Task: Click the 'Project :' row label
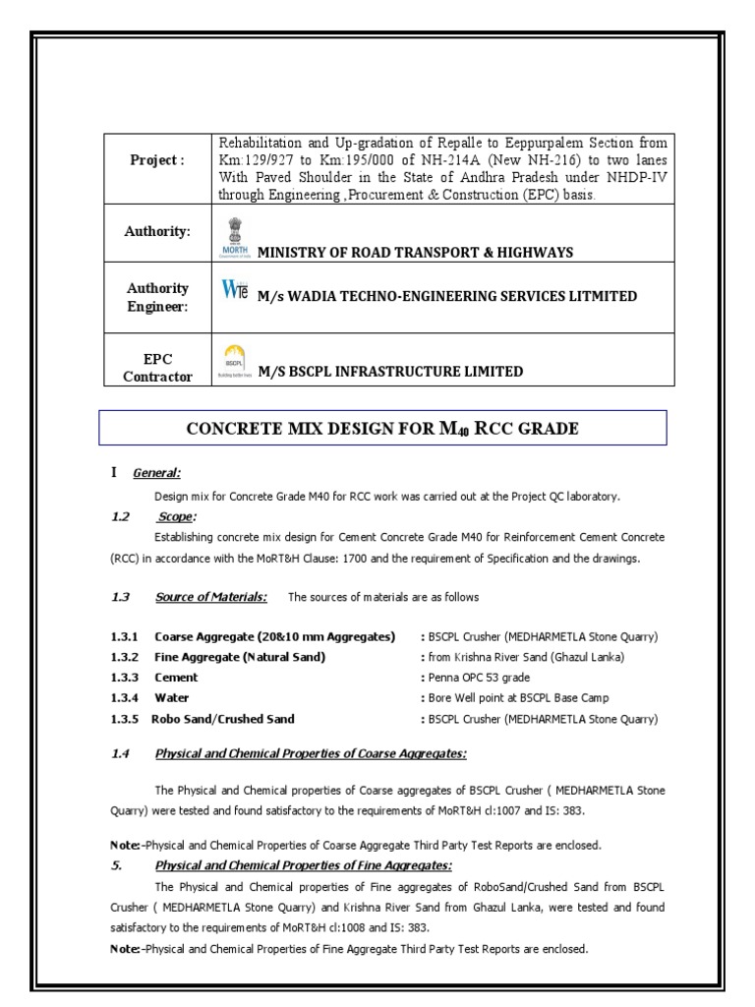[157, 161]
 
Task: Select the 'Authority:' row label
[157, 230]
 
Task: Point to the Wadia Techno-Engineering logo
[232, 293]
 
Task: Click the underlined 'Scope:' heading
[177, 515]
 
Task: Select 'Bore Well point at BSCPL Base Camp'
[517, 698]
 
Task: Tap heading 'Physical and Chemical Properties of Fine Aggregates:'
[303, 865]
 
